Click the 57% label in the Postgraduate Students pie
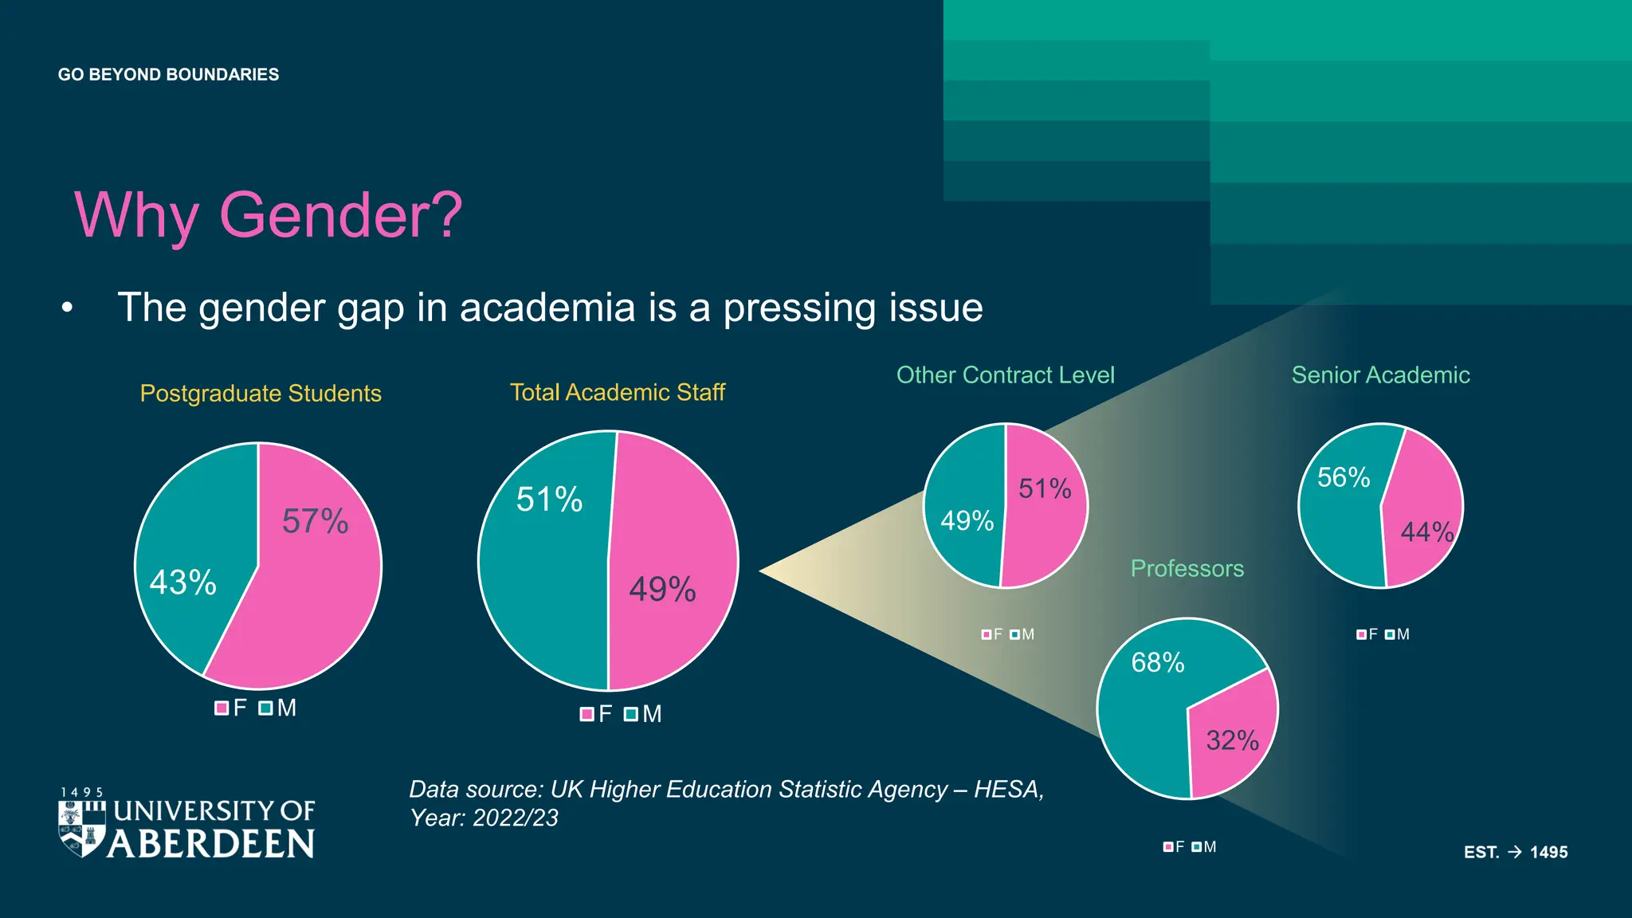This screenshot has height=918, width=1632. [316, 522]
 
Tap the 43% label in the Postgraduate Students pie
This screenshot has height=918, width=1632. [183, 583]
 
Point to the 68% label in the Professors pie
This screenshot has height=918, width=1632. [1158, 662]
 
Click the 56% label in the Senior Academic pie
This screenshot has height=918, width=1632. [1344, 477]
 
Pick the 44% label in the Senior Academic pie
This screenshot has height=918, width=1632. [1427, 532]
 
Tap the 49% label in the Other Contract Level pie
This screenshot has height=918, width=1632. [967, 521]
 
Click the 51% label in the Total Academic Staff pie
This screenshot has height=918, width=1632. [550, 500]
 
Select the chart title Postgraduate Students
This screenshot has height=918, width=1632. [261, 394]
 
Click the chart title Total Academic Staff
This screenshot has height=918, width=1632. [618, 392]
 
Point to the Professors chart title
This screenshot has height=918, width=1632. [1187, 568]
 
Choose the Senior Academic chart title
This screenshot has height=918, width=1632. [1380, 375]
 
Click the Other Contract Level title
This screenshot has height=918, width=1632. [1005, 375]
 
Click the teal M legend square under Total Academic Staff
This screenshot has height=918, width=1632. [631, 714]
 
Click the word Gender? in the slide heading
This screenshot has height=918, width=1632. [340, 215]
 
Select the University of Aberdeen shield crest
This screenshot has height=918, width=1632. [81, 829]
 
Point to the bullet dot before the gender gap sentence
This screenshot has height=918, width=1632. [68, 308]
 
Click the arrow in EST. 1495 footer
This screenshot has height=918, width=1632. [1515, 852]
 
